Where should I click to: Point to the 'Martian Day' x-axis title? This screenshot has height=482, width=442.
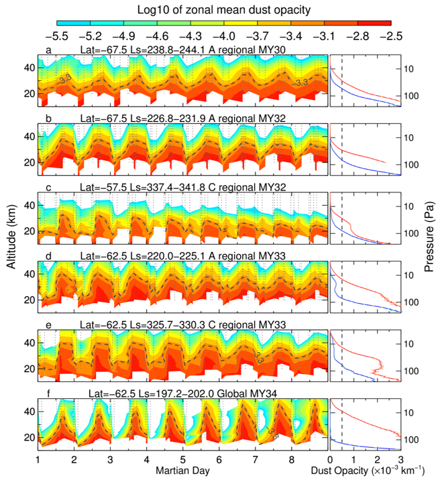184,472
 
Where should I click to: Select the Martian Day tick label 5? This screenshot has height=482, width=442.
182,460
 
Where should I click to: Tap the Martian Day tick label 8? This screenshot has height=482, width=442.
291,460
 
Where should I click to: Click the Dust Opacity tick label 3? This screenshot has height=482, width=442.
400,460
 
